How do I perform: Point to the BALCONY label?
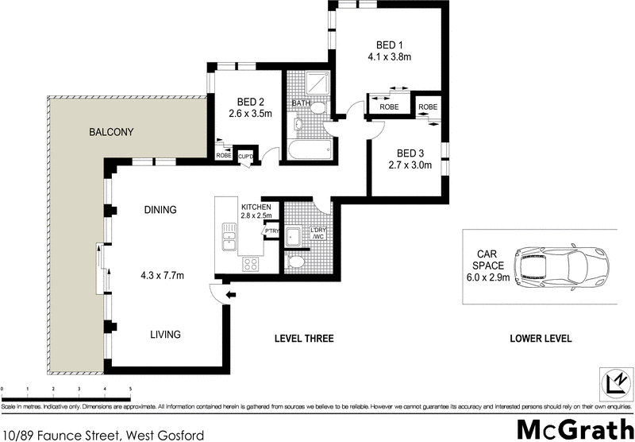tap(111, 132)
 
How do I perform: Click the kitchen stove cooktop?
tap(250, 263)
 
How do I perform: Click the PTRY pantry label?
tap(271, 231)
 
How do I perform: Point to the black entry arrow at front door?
tap(230, 296)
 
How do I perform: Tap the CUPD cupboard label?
tap(246, 156)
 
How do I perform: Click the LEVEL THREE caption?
tap(304, 339)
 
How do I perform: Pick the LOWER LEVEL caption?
tap(541, 339)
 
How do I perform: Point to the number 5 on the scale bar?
tap(130, 390)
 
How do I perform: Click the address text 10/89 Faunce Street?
tap(63, 434)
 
